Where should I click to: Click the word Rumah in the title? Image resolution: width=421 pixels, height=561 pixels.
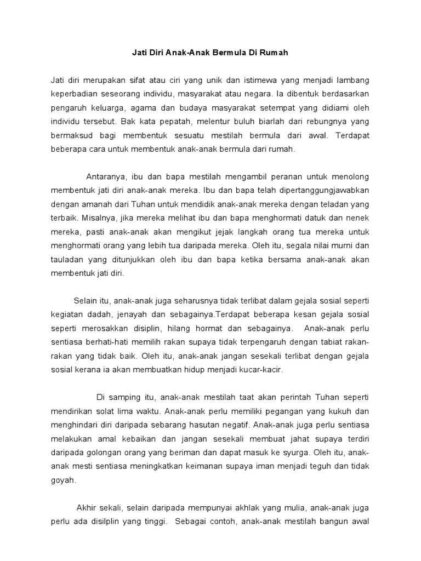(x=275, y=54)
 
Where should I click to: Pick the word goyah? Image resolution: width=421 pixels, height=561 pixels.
(x=62, y=481)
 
